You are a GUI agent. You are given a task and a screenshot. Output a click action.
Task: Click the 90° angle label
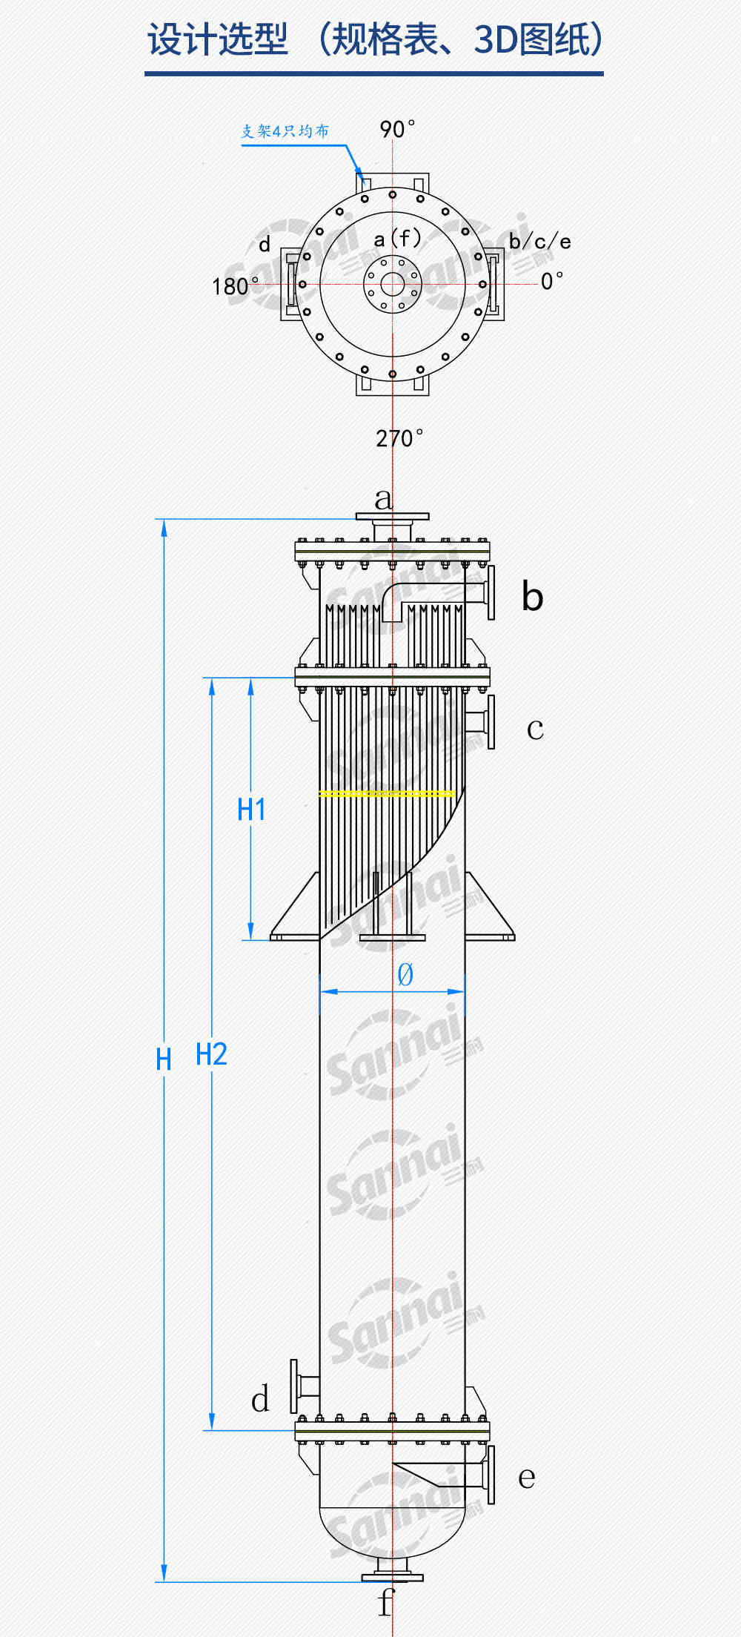tap(397, 129)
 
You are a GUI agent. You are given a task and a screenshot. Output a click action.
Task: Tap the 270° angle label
tap(399, 438)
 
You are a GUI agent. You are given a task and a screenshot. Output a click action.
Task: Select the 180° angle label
tap(235, 286)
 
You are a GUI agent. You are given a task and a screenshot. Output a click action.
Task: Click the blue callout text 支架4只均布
tap(285, 131)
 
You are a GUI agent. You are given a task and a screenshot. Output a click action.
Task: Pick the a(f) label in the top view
tap(397, 239)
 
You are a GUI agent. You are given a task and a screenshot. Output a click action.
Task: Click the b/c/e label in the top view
tap(540, 242)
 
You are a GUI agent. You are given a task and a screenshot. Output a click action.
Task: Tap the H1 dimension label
tap(251, 810)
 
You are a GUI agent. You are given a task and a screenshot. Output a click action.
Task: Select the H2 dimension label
tap(211, 1054)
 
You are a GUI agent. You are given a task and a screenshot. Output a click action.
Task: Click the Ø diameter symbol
tap(405, 974)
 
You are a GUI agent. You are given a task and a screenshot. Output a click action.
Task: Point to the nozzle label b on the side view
tap(532, 596)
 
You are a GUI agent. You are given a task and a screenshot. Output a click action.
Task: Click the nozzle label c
tap(535, 730)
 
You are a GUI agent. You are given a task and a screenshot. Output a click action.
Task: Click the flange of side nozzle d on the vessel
tap(294, 1386)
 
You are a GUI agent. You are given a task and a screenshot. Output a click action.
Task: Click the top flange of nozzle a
tap(392, 517)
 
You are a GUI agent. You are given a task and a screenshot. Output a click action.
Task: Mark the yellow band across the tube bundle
tap(387, 793)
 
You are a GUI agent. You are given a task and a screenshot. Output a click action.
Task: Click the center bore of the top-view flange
tap(392, 284)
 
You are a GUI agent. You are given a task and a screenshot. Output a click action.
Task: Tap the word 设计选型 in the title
tap(217, 39)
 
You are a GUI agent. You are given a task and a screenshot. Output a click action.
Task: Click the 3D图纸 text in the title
tap(531, 39)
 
